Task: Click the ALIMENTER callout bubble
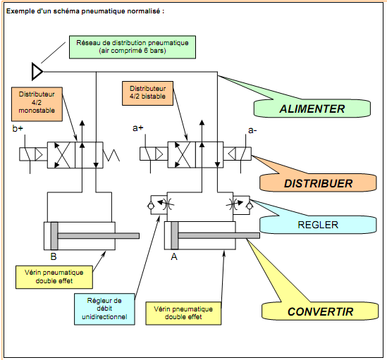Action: [312, 108]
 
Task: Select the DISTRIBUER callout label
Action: [318, 183]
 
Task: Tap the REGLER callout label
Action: [318, 225]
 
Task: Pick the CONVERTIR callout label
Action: [320, 311]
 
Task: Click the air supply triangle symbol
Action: [37, 72]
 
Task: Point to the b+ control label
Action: [18, 128]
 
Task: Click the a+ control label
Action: [137, 128]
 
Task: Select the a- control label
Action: [252, 130]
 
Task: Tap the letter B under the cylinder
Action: [54, 256]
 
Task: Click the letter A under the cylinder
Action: [174, 257]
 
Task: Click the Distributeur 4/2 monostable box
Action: [37, 104]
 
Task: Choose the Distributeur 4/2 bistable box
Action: [147, 93]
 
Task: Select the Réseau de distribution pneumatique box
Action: [133, 47]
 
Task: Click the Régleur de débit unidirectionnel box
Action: [104, 309]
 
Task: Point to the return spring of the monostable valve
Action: [111, 155]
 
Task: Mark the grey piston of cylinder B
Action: [54, 236]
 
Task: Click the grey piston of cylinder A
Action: [175, 235]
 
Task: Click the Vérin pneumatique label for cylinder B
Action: [54, 277]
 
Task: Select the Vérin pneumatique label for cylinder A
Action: [183, 313]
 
